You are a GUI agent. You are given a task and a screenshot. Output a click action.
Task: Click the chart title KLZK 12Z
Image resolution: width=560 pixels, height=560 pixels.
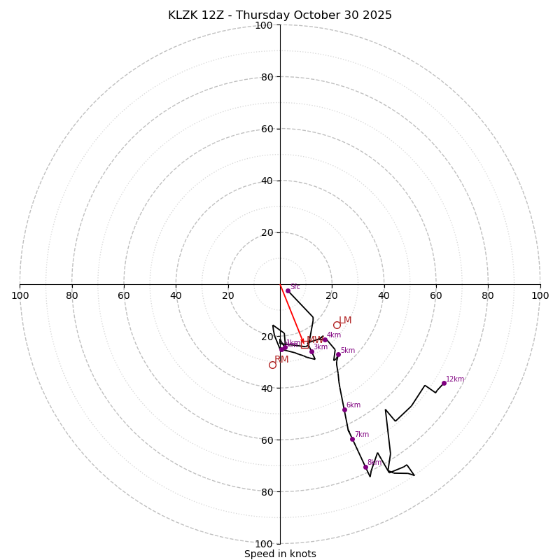click(280, 15)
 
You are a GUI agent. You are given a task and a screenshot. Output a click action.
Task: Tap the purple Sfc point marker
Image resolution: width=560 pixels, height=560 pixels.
click(288, 290)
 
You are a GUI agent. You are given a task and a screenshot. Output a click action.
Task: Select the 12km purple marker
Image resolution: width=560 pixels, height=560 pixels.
click(444, 383)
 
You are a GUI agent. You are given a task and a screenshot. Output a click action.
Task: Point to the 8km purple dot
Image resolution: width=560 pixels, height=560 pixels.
click(365, 467)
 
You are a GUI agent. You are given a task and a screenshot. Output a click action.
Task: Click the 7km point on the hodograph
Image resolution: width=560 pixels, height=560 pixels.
click(352, 439)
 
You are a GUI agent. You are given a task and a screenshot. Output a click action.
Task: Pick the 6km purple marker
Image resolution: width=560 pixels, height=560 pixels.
click(344, 409)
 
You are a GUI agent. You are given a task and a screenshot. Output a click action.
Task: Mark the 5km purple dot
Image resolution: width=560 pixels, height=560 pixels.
click(338, 355)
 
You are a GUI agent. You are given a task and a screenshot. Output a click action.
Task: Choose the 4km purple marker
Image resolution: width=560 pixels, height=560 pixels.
click(325, 339)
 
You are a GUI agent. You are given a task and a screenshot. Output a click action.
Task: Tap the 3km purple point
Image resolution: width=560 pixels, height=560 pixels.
click(311, 351)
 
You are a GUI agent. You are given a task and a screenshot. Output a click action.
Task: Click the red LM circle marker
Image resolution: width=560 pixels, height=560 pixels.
click(337, 325)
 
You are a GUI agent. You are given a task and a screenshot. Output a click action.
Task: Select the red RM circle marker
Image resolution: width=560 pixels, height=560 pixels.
click(272, 365)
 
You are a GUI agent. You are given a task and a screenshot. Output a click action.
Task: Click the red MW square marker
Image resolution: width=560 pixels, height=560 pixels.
click(304, 344)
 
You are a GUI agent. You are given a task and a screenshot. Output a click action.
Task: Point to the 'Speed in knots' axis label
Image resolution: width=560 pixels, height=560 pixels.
click(280, 554)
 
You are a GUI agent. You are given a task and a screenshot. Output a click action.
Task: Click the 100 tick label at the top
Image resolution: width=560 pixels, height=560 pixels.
click(264, 25)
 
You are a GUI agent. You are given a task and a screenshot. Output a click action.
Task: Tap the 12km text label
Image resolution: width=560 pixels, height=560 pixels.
click(455, 379)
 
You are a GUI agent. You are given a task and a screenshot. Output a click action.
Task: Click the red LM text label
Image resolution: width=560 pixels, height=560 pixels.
click(345, 321)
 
